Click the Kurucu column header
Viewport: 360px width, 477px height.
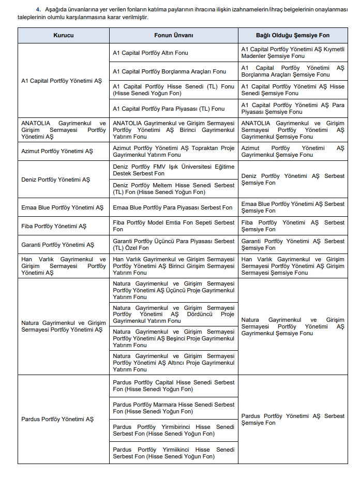pos(63,35)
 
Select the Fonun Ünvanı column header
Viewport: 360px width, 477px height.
pos(173,35)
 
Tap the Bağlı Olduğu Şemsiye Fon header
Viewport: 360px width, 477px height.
pos(293,35)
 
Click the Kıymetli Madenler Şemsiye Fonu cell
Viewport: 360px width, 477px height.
pos(293,53)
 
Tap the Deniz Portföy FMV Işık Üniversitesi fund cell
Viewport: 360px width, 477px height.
pos(173,170)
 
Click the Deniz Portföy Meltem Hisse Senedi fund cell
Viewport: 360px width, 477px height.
pos(173,188)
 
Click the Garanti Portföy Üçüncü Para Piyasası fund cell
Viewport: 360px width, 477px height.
pos(173,244)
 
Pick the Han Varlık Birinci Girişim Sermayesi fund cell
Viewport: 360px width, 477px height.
pos(173,266)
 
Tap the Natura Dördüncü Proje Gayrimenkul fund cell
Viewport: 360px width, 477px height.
pos(173,314)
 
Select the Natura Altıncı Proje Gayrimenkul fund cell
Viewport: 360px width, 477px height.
pos(173,363)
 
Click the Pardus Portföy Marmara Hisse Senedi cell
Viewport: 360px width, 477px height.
pos(173,408)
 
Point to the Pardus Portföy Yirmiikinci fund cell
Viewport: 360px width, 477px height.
pos(173,453)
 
